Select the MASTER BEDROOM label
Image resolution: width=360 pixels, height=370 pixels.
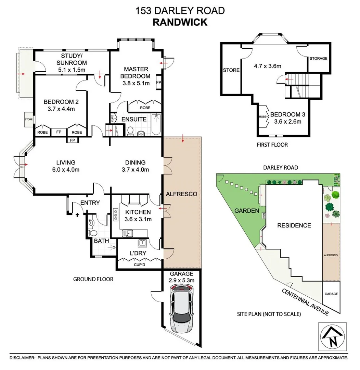click(x=137, y=72)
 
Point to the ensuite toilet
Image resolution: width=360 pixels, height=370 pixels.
click(x=130, y=131)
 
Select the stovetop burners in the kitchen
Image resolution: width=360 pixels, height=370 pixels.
click(x=115, y=215)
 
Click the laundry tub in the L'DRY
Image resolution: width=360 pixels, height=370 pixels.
click(x=142, y=244)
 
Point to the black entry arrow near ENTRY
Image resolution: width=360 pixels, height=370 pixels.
click(x=77, y=215)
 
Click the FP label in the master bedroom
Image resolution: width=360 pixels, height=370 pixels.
click(x=158, y=83)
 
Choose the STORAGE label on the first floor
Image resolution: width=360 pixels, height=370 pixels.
click(x=318, y=59)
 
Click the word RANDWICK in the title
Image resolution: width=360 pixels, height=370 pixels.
click(x=180, y=22)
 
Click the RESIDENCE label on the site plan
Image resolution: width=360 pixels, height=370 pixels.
click(x=294, y=225)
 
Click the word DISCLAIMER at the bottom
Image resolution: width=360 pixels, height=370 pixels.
click(x=22, y=358)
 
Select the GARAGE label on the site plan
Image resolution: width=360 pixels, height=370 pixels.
click(x=331, y=294)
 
